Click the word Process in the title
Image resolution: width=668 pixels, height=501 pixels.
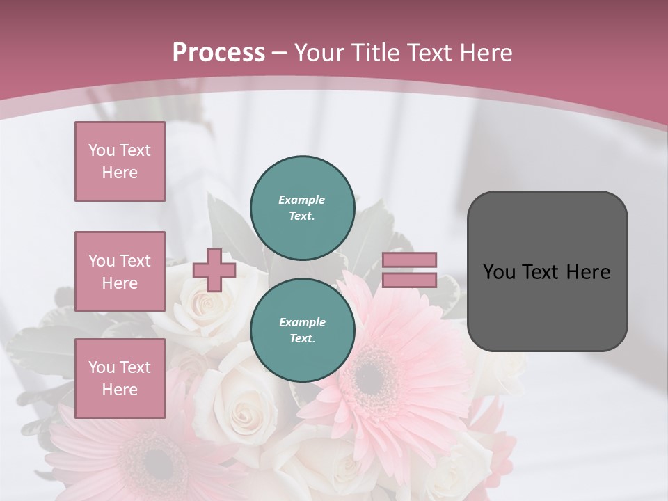pyautogui.click(x=218, y=52)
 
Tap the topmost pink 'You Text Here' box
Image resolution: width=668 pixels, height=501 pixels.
pyautogui.click(x=120, y=161)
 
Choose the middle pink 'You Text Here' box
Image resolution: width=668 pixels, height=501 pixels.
pyautogui.click(x=120, y=271)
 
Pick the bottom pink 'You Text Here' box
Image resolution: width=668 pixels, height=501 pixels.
pyautogui.click(x=120, y=378)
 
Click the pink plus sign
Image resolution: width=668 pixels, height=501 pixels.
pyautogui.click(x=214, y=270)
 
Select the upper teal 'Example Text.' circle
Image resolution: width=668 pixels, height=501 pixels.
pyautogui.click(x=302, y=207)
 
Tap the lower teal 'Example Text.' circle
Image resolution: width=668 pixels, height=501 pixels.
pyautogui.click(x=302, y=330)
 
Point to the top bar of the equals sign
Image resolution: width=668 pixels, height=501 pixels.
pyautogui.click(x=409, y=260)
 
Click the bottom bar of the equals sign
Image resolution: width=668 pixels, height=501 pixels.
pyautogui.click(x=409, y=280)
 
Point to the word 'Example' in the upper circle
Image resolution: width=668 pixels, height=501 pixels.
pyautogui.click(x=302, y=200)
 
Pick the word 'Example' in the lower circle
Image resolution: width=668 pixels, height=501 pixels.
pyautogui.click(x=302, y=322)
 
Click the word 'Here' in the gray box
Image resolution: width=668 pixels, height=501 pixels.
pyautogui.click(x=589, y=272)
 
